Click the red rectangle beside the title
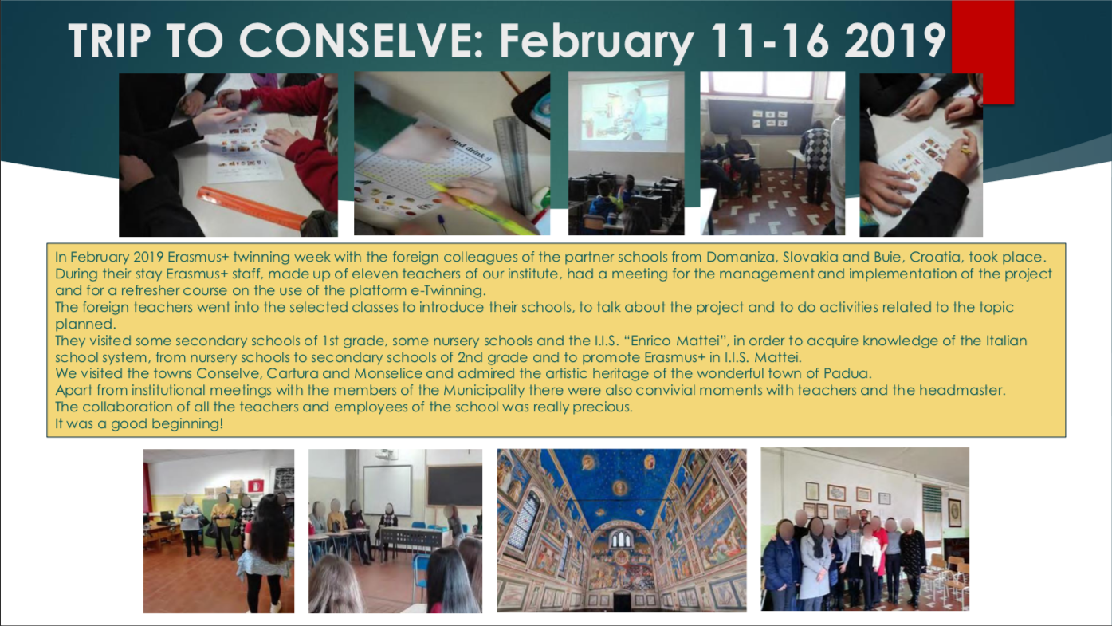point(983,52)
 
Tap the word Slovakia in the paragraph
point(810,257)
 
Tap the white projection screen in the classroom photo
point(387,490)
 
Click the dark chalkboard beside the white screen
point(454,486)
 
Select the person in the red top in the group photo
point(880,556)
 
